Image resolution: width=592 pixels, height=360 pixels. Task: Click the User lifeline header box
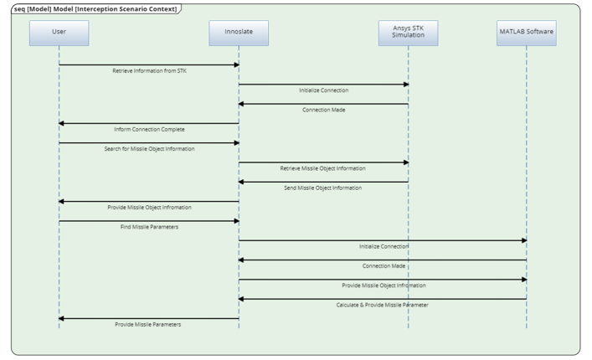tap(59, 32)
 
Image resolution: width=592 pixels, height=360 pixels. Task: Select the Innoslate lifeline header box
tap(239, 32)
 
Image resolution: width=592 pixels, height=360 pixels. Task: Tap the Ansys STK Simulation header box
tap(408, 32)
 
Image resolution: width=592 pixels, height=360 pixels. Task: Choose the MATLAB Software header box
tap(526, 32)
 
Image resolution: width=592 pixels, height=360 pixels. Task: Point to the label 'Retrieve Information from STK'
tap(150, 71)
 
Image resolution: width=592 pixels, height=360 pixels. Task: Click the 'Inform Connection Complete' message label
tap(149, 130)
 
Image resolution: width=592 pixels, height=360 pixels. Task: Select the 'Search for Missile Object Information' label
tap(150, 149)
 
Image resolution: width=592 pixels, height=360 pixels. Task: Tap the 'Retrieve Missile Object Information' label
tap(322, 168)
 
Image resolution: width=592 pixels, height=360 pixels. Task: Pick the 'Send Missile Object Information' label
tap(323, 188)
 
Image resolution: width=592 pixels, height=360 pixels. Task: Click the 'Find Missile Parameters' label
tap(150, 227)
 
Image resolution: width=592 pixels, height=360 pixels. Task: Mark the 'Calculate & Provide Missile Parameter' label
tap(382, 305)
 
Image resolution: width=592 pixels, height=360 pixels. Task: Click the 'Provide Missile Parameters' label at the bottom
tap(148, 324)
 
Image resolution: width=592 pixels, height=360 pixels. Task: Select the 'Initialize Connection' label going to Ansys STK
tap(323, 90)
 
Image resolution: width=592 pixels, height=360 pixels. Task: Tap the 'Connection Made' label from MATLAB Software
tap(384, 265)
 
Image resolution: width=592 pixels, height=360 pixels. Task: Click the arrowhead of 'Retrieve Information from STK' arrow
tap(236, 64)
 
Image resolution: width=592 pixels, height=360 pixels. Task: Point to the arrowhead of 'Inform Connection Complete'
tap(61, 123)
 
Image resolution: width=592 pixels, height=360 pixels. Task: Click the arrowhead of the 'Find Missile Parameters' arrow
tap(236, 221)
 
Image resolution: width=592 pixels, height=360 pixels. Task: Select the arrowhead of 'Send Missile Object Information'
tap(242, 182)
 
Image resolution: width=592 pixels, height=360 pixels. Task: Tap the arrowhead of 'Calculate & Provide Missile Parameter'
tap(242, 299)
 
